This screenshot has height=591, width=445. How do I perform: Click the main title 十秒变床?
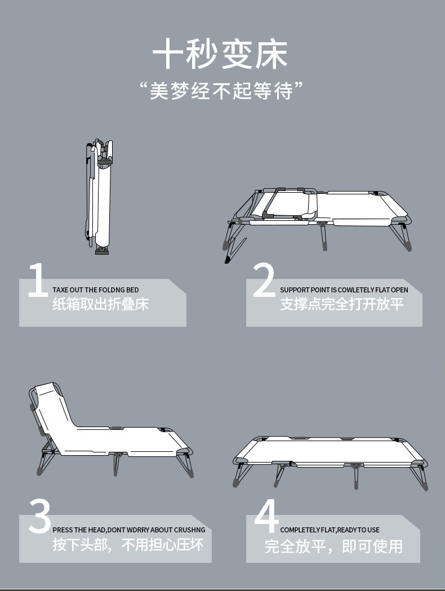pyautogui.click(x=220, y=54)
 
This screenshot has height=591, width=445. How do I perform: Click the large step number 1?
pyautogui.click(x=37, y=280)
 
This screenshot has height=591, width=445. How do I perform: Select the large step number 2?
pyautogui.click(x=264, y=280)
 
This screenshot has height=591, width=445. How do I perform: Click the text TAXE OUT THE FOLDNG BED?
pyautogui.click(x=95, y=290)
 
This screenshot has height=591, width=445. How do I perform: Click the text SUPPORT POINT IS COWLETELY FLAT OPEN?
pyautogui.click(x=344, y=290)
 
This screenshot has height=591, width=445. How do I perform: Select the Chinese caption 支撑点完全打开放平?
pyautogui.click(x=342, y=305)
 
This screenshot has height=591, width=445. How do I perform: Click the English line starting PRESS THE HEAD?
pyautogui.click(x=128, y=530)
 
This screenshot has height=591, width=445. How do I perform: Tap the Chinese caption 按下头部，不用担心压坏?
pyautogui.click(x=128, y=545)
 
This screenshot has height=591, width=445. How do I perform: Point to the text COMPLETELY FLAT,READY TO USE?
pyautogui.click(x=330, y=530)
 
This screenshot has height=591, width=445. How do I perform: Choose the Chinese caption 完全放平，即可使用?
pyautogui.click(x=333, y=545)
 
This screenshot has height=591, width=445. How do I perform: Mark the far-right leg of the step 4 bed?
pyautogui.click(x=419, y=477)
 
